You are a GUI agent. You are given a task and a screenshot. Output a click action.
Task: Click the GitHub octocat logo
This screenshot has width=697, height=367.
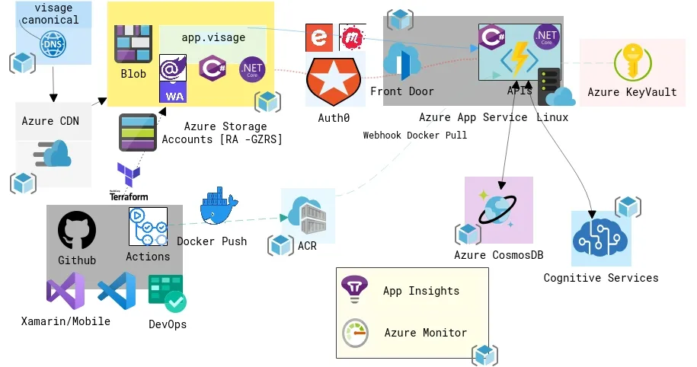click(x=77, y=231)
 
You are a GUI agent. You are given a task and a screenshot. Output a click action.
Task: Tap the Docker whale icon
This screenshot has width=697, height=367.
click(x=219, y=210)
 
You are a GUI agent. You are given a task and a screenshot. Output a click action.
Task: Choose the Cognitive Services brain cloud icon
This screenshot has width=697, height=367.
click(x=602, y=239)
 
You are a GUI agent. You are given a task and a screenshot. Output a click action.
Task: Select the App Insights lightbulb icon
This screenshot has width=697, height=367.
click(x=354, y=289)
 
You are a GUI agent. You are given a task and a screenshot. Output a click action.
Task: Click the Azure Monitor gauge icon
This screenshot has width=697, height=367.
click(x=355, y=333)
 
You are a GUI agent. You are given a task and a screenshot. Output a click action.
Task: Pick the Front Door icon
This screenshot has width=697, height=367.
click(x=402, y=62)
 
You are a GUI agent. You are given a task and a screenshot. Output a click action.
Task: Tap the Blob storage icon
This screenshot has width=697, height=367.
click(x=133, y=45)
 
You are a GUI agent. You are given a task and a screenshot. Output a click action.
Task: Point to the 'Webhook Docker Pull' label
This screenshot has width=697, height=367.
click(x=415, y=135)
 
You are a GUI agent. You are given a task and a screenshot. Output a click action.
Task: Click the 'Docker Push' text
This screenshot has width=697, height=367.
click(x=212, y=241)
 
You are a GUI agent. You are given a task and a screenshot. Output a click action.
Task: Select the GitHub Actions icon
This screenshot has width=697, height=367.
click(x=148, y=226)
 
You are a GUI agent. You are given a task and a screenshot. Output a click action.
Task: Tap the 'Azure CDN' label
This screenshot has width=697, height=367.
click(x=50, y=121)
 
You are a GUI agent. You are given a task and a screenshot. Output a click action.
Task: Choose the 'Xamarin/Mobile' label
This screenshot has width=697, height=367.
click(x=66, y=321)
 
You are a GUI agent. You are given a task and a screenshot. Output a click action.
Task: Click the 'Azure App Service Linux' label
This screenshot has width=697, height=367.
click(x=494, y=117)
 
